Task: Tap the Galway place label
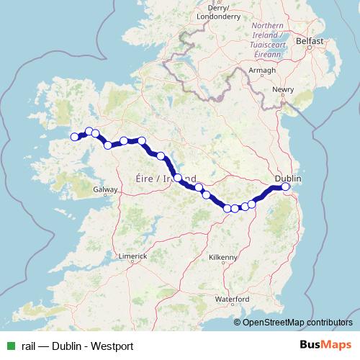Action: pyautogui.click(x=105, y=189)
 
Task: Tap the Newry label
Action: pyautogui.click(x=284, y=90)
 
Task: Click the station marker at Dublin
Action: pyautogui.click(x=285, y=187)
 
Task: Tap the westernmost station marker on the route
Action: pyautogui.click(x=73, y=137)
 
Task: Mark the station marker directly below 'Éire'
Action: pyautogui.click(x=178, y=177)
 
